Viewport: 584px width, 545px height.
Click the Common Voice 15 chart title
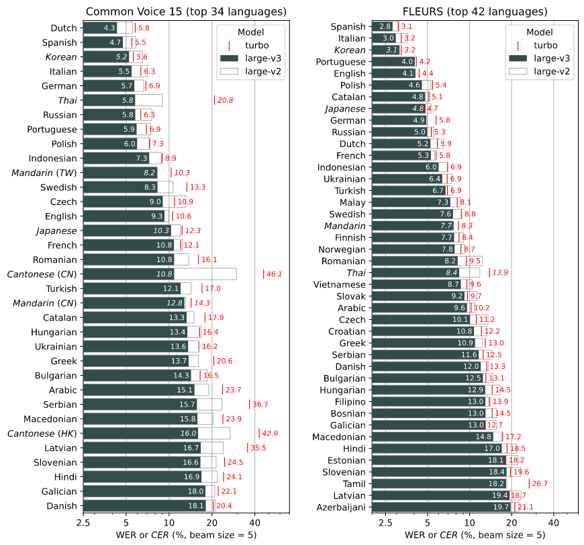[185, 11]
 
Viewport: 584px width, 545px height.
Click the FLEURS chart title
[475, 11]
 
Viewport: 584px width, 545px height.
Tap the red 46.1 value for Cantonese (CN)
[274, 274]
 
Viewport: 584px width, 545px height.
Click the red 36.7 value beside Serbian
[260, 405]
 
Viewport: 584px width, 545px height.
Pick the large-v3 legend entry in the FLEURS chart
[541, 58]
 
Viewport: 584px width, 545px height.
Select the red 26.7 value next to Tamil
[540, 483]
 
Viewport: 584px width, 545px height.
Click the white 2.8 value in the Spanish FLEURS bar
[385, 26]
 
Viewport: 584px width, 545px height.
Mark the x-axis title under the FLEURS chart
[475, 535]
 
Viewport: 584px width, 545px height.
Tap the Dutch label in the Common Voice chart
[64, 28]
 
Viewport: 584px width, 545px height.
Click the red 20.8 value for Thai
[225, 100]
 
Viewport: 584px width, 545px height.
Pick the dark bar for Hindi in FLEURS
[437, 448]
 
